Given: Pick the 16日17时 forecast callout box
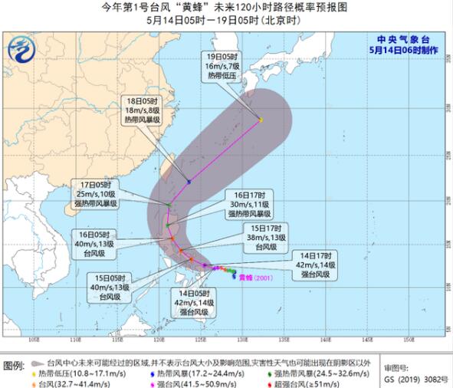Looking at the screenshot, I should click(248, 209).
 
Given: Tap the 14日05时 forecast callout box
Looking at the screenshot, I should click(195, 301).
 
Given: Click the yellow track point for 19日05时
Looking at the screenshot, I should click(261, 120).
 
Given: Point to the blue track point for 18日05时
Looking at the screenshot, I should click(189, 182).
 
